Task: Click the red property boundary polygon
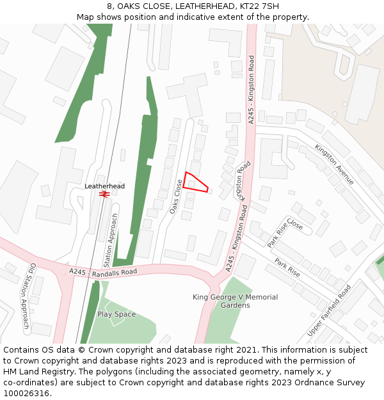[195, 182]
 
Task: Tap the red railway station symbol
[105, 194]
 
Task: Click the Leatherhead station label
[105, 186]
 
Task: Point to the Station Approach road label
[111, 241]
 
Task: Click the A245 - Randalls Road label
[103, 272]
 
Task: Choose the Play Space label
[116, 314]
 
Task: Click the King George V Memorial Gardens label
[235, 301]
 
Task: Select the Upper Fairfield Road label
[329, 310]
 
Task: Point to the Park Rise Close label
[285, 234]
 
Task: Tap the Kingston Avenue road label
[334, 164]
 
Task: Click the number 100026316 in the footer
[26, 394]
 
